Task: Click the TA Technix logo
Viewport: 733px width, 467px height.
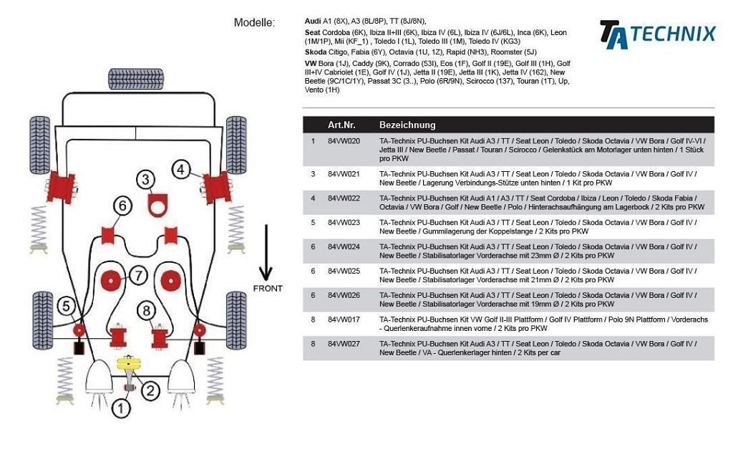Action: click(x=657, y=34)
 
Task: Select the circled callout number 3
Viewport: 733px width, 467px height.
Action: click(x=146, y=180)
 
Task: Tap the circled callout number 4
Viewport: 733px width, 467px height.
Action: click(x=181, y=169)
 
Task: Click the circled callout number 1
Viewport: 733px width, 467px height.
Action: click(x=121, y=409)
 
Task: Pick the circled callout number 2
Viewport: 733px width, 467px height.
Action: click(x=150, y=390)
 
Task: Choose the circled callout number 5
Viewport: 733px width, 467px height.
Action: click(x=66, y=307)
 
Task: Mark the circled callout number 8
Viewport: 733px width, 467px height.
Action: click(x=147, y=310)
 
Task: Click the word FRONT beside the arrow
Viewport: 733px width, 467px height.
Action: click(x=267, y=289)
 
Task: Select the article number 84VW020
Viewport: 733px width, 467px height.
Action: click(x=344, y=141)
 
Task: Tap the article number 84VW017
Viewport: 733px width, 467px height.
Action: click(x=344, y=319)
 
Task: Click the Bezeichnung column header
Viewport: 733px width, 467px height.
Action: click(x=407, y=125)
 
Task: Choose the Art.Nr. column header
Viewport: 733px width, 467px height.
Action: click(x=341, y=125)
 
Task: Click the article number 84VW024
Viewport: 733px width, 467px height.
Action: click(x=344, y=246)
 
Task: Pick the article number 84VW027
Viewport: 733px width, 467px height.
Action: click(x=344, y=344)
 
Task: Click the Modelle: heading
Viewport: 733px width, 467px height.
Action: click(x=254, y=23)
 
